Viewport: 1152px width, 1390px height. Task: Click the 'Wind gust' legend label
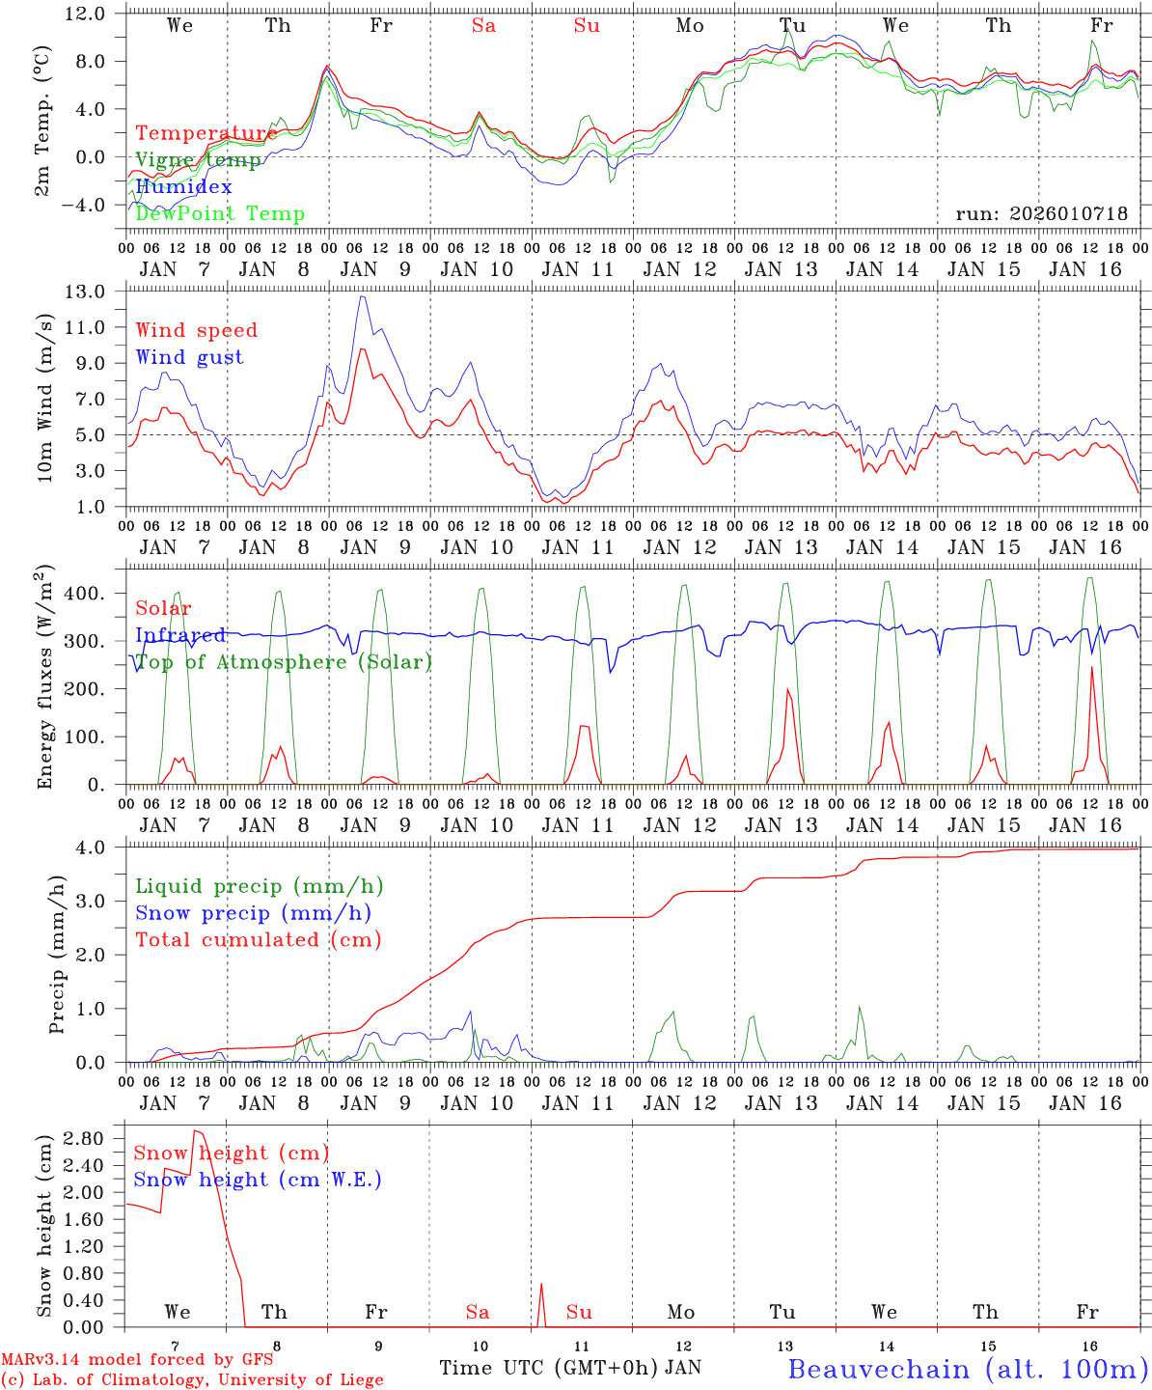coord(190,357)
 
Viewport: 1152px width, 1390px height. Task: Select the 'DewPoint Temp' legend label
coord(220,213)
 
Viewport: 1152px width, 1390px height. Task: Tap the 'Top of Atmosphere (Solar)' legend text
coord(284,662)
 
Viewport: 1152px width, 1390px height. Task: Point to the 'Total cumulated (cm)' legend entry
coord(259,939)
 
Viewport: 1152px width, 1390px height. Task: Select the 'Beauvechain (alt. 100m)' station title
coord(967,1369)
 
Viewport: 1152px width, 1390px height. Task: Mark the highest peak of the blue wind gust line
coord(361,296)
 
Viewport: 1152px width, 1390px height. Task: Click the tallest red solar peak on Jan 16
coord(1091,667)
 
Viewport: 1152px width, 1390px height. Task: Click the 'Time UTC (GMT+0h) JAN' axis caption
coord(570,1368)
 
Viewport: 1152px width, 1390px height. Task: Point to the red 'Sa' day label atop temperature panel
coord(483,26)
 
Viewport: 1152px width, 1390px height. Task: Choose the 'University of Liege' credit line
coord(192,1379)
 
